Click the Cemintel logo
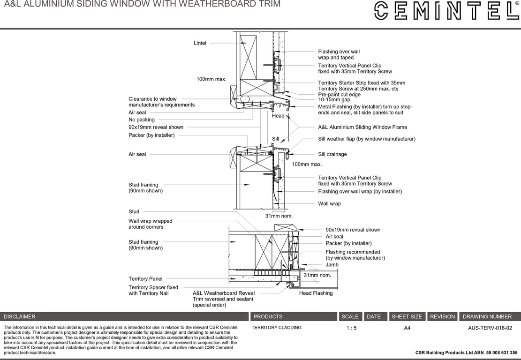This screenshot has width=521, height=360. tap(446, 11)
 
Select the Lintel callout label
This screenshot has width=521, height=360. tap(200, 43)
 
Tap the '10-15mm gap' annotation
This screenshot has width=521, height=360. tap(334, 100)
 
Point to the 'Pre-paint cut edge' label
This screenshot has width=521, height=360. tap(339, 94)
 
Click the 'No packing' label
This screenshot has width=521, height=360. tap(142, 120)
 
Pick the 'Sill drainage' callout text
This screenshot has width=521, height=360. tap(332, 154)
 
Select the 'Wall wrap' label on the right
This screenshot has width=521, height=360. tap(329, 204)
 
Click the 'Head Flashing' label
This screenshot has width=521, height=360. tap(316, 293)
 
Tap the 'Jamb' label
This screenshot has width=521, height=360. tap(332, 265)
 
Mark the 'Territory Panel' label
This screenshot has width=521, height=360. tap(145, 279)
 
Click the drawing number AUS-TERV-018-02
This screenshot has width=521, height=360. tap(490, 328)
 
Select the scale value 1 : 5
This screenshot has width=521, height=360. tap(351, 328)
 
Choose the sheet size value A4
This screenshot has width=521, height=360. tap(407, 328)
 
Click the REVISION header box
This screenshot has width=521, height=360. tap(442, 317)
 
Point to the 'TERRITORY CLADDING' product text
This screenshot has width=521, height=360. tap(276, 328)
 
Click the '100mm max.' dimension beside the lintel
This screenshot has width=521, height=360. tap(211, 79)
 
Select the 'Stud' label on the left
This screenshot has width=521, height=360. tap(134, 212)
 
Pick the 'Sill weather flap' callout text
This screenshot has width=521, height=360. tap(366, 139)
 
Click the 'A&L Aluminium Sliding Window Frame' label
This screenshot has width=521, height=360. tap(362, 127)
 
